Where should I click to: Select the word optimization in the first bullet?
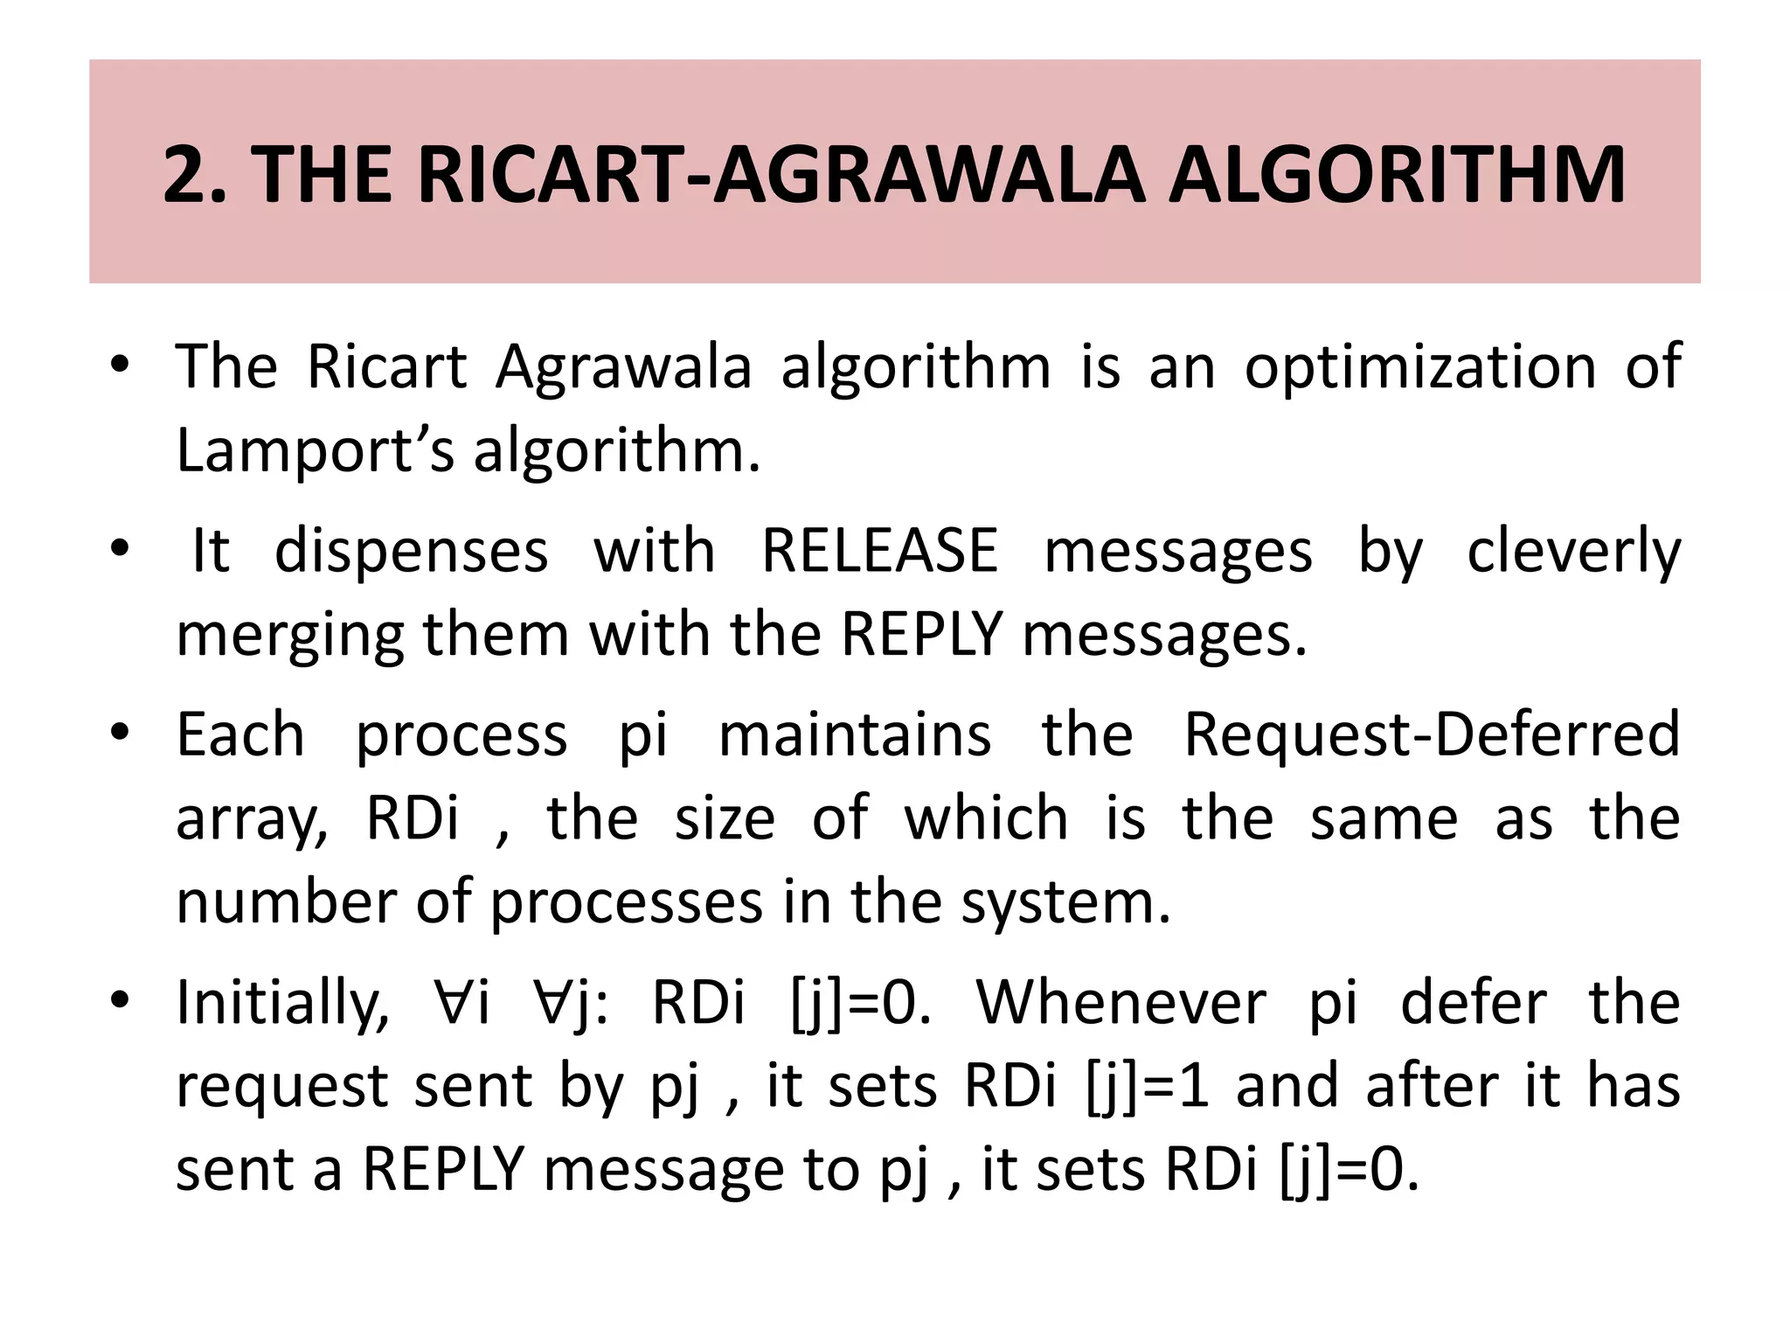coord(1420,367)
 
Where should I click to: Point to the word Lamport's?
coord(316,451)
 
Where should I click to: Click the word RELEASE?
coord(879,552)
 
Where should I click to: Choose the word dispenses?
coord(412,552)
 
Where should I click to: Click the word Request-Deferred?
coord(1431,735)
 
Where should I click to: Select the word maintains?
coord(855,735)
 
